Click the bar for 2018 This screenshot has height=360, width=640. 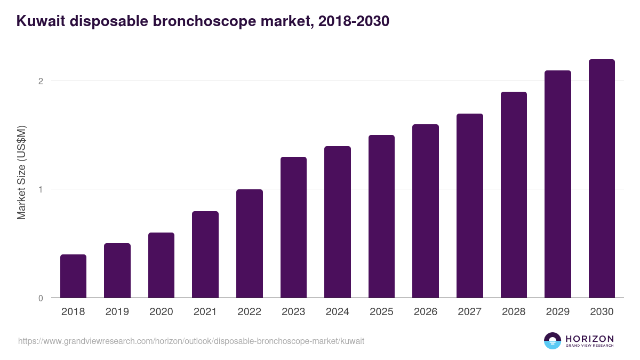pyautogui.click(x=73, y=276)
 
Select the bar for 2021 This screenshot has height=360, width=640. pyautogui.click(x=205, y=254)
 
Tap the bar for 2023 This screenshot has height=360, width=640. pyautogui.click(x=293, y=227)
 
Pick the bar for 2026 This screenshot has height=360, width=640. pyautogui.click(x=426, y=211)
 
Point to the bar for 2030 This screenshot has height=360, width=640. pyautogui.click(x=602, y=179)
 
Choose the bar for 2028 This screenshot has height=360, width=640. pyautogui.click(x=514, y=195)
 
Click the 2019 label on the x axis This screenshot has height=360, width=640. pyautogui.click(x=117, y=312)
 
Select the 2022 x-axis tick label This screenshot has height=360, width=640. pyautogui.click(x=249, y=312)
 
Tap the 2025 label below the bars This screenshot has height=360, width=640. pyautogui.click(x=381, y=312)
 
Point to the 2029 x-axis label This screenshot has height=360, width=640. pyautogui.click(x=558, y=312)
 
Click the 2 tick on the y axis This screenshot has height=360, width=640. pyautogui.click(x=40, y=81)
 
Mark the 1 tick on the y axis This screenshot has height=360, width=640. pyautogui.click(x=40, y=189)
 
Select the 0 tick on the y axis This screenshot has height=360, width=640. pyautogui.click(x=40, y=298)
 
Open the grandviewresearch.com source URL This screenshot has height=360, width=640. pyautogui.click(x=191, y=341)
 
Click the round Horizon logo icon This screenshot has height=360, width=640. pyautogui.click(x=553, y=341)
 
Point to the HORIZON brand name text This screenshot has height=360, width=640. pyautogui.click(x=590, y=339)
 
